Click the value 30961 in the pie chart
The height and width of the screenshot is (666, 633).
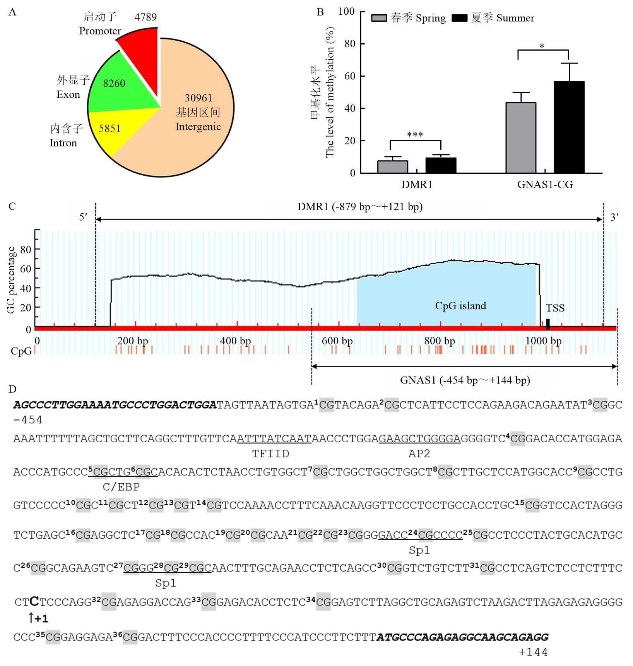[198, 98]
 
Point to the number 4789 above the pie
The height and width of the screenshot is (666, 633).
[145, 17]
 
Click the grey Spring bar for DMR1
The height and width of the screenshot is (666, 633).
[392, 167]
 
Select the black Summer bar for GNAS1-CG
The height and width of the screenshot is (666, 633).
[569, 127]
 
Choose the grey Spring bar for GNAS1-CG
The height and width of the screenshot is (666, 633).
[521, 138]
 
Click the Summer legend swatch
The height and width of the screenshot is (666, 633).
[459, 18]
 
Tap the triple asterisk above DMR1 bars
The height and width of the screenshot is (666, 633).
[415, 135]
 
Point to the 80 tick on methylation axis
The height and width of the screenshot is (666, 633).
[350, 44]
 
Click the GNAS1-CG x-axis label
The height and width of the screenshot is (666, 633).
[545, 185]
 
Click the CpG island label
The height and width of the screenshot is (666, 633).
[460, 306]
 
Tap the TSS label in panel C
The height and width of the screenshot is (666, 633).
[555, 308]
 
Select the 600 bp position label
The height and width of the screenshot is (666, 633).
[337, 341]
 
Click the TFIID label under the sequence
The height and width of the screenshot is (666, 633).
[270, 454]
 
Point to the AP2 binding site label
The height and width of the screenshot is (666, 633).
[419, 454]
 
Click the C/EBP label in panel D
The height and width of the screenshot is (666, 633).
[121, 487]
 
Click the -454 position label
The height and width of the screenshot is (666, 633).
[28, 420]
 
